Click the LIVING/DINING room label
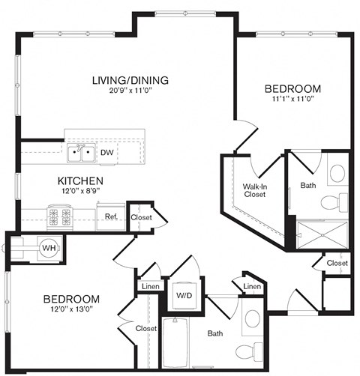tap(130, 80)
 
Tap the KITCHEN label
tap(80, 181)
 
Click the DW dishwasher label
tap(106, 153)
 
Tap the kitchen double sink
tap(81, 154)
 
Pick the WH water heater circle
tap(48, 248)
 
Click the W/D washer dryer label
tap(183, 294)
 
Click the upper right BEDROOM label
tap(293, 89)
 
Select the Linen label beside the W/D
tap(148, 287)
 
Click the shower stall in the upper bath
tap(323, 234)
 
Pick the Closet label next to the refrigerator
tap(140, 217)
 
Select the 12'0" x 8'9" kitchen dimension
tap(80, 192)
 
